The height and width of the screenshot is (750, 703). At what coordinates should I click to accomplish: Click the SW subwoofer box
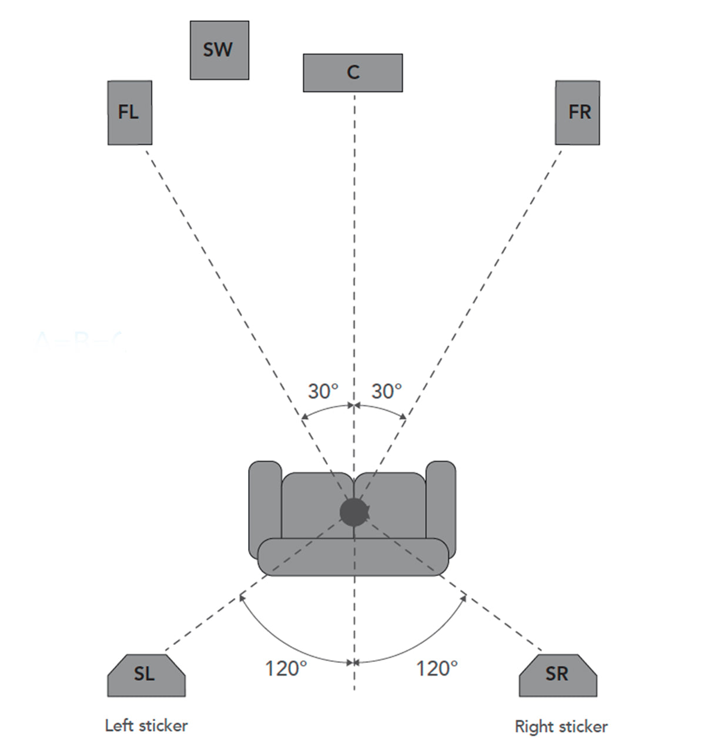coord(219,50)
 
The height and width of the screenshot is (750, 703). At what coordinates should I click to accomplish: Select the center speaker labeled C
coord(353,73)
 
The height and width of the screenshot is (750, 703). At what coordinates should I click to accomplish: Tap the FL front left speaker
coord(130,112)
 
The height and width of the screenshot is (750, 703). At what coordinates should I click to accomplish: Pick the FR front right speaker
coord(577,112)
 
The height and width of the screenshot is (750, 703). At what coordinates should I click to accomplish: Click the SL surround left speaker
coord(146,675)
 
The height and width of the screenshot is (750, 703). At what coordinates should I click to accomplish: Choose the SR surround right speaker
coord(557,675)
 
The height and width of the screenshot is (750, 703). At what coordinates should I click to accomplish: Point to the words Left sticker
coord(146,726)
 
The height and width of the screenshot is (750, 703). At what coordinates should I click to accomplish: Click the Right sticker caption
coord(561,727)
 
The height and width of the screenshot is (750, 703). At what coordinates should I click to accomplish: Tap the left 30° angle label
coord(323,391)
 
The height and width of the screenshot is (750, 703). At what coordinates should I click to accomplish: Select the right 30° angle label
coord(386,391)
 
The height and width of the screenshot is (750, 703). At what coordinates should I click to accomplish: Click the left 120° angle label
coord(286,668)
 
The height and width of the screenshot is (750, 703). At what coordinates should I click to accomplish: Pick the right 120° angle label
coord(437,668)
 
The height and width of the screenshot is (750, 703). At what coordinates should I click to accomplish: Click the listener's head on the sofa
coord(354,511)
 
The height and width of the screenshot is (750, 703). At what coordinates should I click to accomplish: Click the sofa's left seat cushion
coord(312,505)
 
